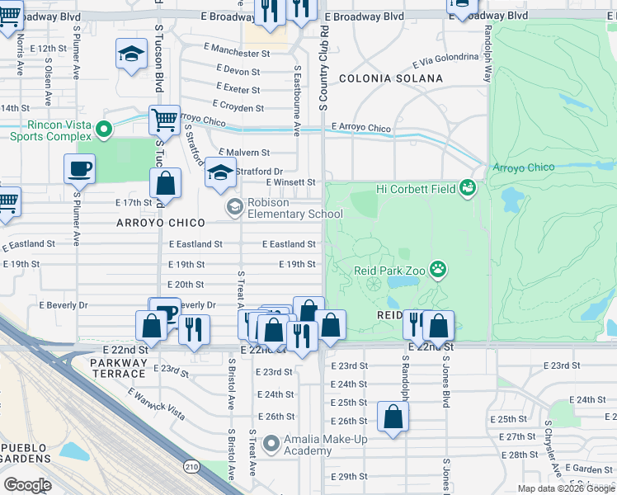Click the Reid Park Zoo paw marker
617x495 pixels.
439,269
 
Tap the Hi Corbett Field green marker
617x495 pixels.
469,189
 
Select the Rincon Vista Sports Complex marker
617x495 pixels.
103,130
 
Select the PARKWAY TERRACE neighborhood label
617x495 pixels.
128,367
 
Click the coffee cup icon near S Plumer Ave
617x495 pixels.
79,169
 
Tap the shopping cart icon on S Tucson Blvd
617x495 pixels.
164,120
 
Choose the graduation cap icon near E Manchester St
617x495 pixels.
131,54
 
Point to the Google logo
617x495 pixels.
28,485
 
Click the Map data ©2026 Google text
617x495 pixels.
565,488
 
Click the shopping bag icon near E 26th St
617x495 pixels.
393,417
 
